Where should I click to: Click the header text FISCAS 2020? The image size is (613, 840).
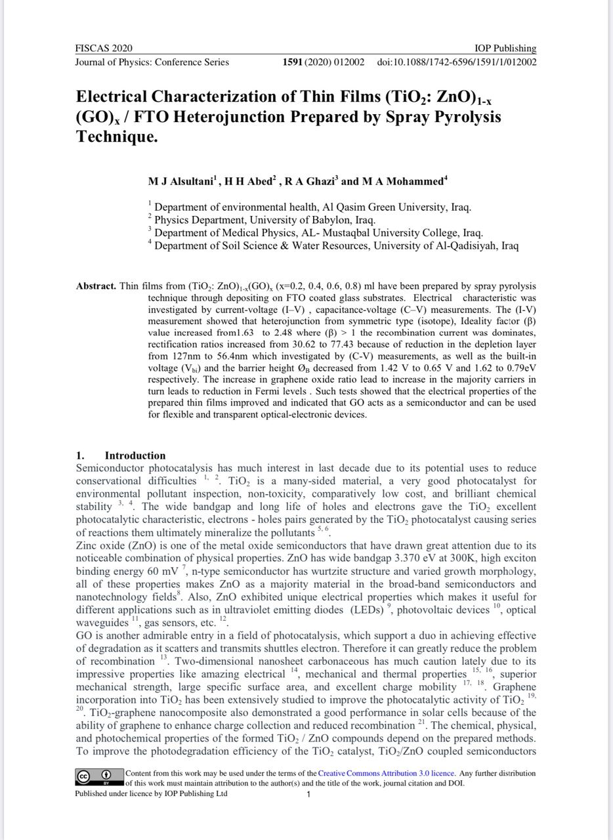(x=104, y=49)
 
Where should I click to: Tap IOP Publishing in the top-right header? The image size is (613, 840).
(x=505, y=49)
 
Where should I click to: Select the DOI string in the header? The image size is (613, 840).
(x=457, y=62)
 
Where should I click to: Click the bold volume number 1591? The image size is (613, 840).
(x=292, y=62)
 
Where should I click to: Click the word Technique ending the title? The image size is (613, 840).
(x=117, y=137)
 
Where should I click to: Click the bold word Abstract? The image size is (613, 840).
(x=96, y=286)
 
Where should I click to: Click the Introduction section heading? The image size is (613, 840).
(x=135, y=455)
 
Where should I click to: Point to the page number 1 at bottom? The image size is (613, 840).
(x=308, y=794)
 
